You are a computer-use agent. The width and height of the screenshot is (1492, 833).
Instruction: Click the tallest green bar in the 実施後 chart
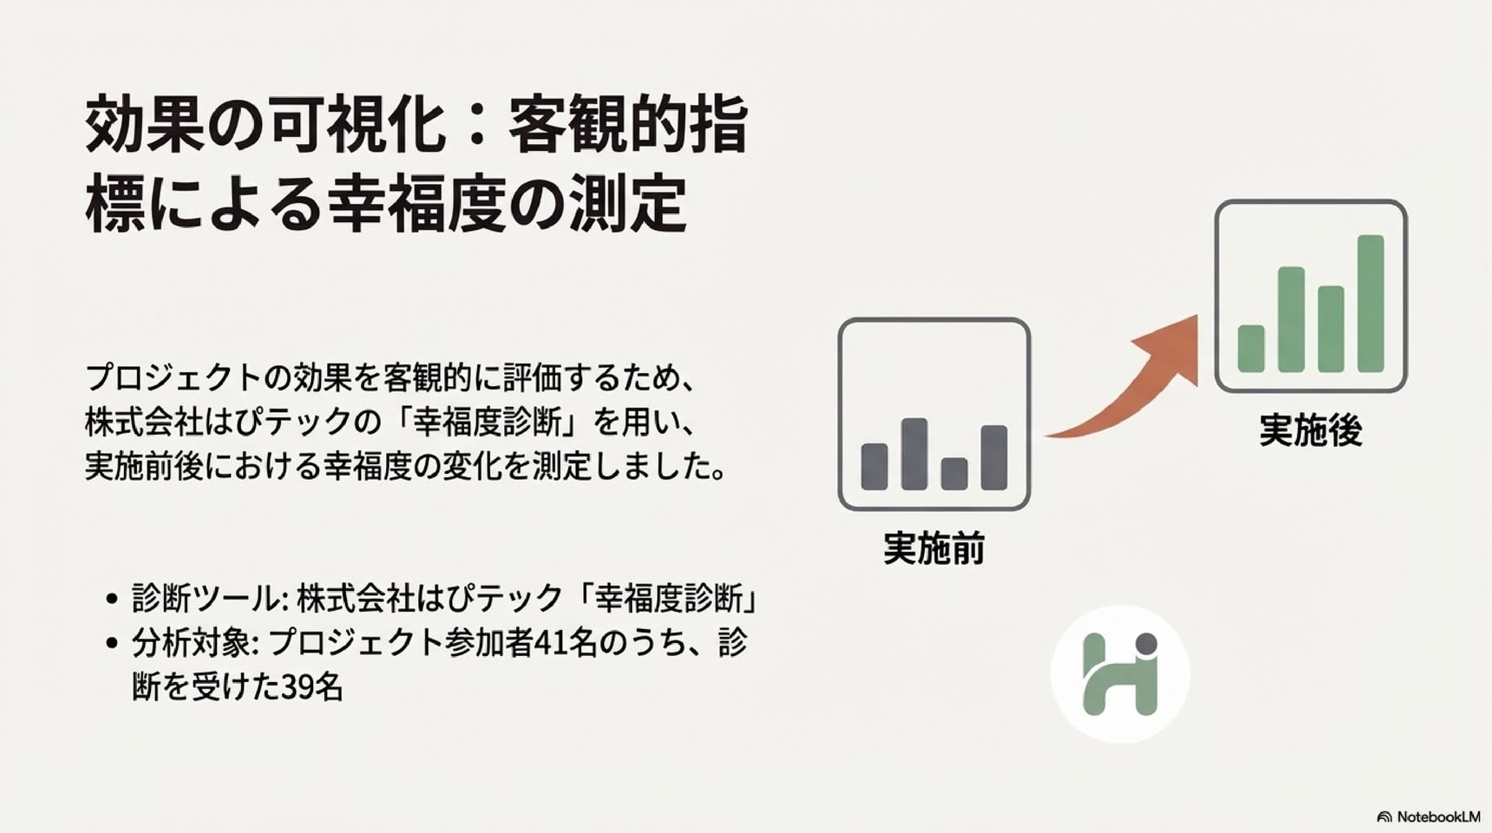point(1371,304)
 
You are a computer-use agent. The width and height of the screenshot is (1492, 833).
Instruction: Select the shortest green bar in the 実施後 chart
point(1251,349)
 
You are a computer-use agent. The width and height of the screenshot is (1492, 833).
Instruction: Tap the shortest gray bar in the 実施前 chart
point(954,474)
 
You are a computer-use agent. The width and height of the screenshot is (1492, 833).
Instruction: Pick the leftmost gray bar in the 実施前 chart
point(874,467)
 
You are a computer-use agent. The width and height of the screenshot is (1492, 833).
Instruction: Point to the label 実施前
point(934,548)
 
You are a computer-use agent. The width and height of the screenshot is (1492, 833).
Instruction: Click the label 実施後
point(1311,430)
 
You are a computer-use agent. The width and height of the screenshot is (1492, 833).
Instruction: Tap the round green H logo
point(1120,674)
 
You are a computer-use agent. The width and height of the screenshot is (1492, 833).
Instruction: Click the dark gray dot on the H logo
point(1147,644)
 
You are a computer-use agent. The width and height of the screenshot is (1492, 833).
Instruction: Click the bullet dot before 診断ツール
point(111,599)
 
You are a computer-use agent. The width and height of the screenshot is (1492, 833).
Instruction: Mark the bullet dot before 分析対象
point(111,643)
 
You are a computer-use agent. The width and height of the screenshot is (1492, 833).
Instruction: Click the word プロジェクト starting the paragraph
point(173,377)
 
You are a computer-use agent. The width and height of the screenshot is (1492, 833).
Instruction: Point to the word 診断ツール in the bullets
point(206,599)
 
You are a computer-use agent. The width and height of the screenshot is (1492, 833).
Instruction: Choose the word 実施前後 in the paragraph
point(145,466)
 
